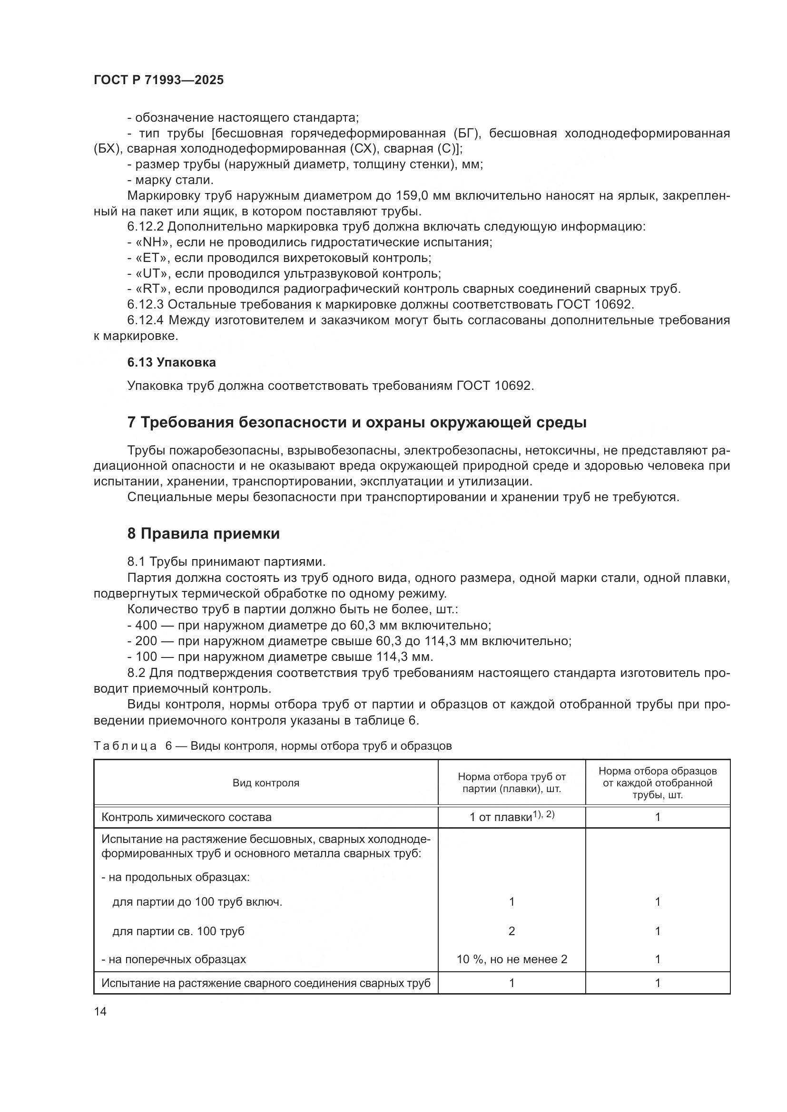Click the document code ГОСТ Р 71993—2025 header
tap(158, 80)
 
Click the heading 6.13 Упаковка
tap(172, 362)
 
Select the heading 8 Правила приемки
tap(204, 534)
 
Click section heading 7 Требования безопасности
tap(357, 422)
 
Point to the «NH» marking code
tap(152, 242)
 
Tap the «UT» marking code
tap(152, 274)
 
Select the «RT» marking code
tap(152, 289)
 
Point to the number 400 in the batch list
tap(146, 625)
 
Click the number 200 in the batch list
tap(146, 641)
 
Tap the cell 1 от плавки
tap(511, 817)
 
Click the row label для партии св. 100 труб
tap(178, 931)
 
